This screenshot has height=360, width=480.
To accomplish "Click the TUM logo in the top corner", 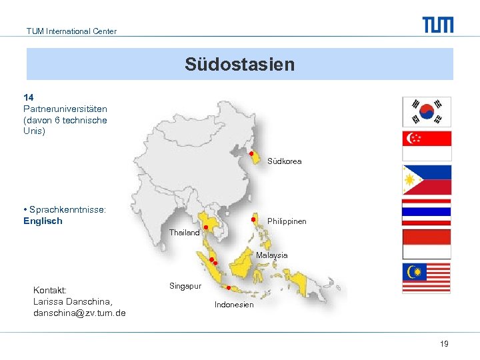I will [x=437, y=25].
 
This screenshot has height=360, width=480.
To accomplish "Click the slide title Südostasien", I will [x=239, y=65].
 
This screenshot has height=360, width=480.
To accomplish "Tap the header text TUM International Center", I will [x=71, y=31].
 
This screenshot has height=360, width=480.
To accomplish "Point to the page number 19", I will [x=444, y=343].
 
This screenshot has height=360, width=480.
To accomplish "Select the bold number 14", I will [x=29, y=97].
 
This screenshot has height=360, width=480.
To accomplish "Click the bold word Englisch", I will [x=43, y=221].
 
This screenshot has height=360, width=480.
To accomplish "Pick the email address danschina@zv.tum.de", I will [x=79, y=313].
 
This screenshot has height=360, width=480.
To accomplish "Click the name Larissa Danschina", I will [x=72, y=302].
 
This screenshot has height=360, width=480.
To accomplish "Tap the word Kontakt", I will [x=49, y=291].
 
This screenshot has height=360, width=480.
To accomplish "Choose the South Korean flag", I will [x=427, y=112].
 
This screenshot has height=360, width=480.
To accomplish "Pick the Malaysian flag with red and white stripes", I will [x=427, y=278].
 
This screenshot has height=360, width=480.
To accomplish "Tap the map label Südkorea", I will [x=284, y=161].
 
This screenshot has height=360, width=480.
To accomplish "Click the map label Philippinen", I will [x=287, y=221].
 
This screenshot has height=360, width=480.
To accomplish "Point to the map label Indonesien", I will [x=234, y=305].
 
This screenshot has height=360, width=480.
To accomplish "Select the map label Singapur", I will [x=185, y=285].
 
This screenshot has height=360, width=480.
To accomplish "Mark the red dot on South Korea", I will [x=251, y=154].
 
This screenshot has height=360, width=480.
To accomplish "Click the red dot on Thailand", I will [x=206, y=228].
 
